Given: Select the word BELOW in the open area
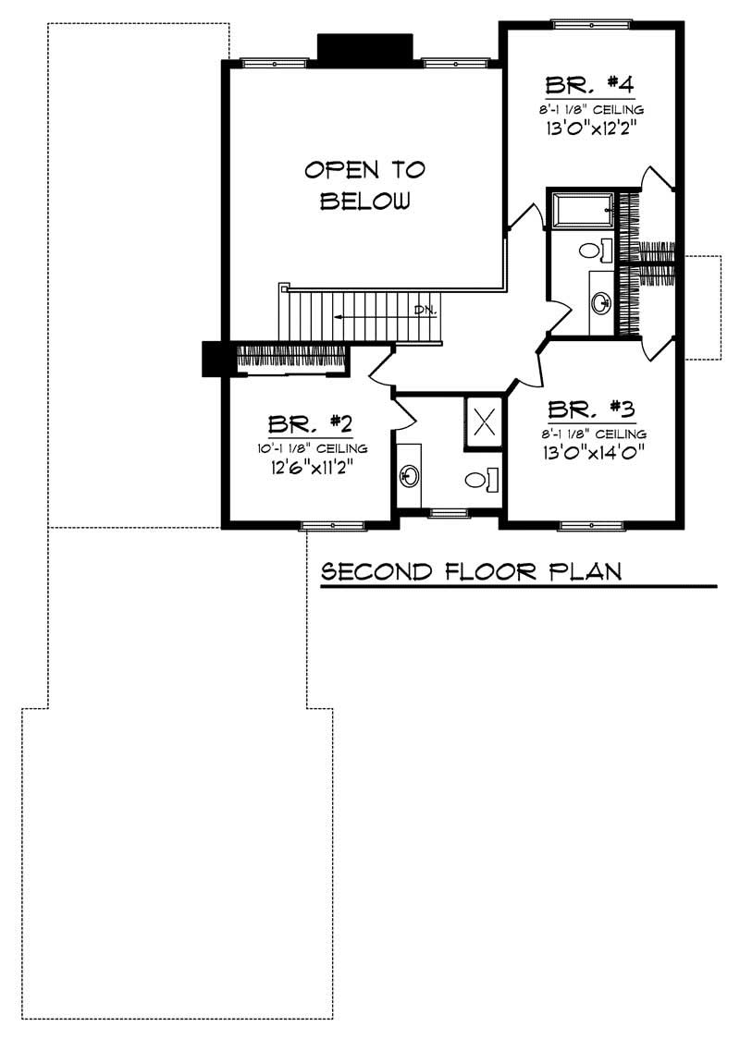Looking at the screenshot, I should tap(364, 201).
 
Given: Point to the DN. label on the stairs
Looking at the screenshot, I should tap(425, 309).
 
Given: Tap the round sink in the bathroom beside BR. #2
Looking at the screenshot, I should tap(409, 476).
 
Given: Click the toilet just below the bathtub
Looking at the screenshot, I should tap(592, 249).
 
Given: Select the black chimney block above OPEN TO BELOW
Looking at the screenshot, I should tap(364, 48).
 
